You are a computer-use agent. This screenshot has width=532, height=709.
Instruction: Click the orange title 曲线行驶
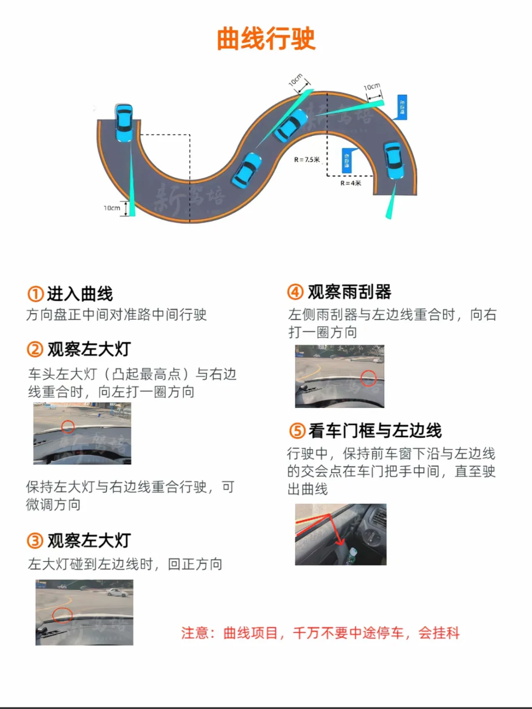point(266,39)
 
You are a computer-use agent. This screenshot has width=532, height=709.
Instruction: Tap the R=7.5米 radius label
point(307,160)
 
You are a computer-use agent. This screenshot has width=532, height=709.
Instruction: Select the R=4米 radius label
point(351,183)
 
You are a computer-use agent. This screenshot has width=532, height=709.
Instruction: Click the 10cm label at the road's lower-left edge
point(112,208)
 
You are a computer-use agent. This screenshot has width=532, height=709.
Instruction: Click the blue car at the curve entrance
point(124,123)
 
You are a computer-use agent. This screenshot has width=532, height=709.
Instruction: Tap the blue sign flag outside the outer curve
point(401,107)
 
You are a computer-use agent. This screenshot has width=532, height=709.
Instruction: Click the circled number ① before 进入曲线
point(35,294)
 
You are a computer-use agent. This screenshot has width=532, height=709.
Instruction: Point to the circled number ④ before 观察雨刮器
point(295,292)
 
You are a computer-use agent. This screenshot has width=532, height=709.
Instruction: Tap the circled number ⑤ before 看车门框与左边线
point(297,431)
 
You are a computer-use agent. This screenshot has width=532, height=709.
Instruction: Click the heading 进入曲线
point(80,294)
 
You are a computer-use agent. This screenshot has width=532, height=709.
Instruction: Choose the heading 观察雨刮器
point(349,292)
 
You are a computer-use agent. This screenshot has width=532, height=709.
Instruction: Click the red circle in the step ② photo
point(68,426)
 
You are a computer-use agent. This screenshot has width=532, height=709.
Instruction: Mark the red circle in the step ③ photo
point(63,615)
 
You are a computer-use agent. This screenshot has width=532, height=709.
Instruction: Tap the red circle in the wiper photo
point(368,378)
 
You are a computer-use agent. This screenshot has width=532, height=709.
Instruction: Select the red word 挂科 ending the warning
point(446,633)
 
